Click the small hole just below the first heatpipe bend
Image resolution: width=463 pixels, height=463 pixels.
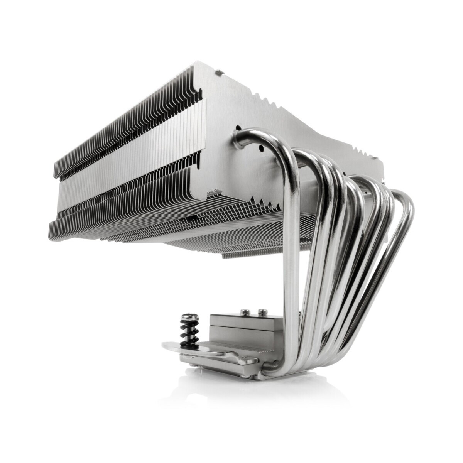click(x=261, y=149)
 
